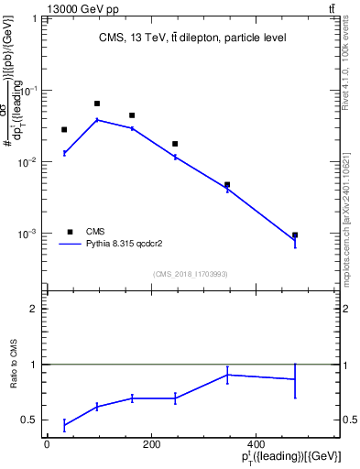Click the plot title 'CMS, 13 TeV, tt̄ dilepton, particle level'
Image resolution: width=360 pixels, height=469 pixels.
coord(192,38)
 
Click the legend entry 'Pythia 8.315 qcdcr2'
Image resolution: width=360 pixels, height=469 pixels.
coord(124,245)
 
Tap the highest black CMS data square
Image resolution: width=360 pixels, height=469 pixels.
coord(97,104)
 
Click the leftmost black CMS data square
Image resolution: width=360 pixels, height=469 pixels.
coord(64,130)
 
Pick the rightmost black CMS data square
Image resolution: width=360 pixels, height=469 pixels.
coord(295,235)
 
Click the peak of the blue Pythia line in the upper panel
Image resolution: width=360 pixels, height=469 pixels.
coord(97,120)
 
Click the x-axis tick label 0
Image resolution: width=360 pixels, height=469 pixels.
coord(47,443)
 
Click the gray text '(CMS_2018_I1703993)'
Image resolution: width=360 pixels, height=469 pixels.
coord(190,273)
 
